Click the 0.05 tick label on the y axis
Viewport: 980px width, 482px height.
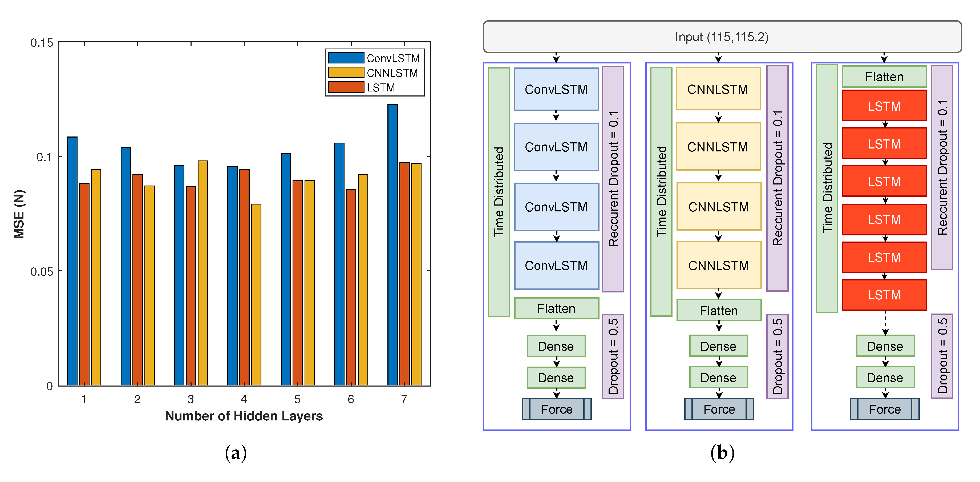point(42,271)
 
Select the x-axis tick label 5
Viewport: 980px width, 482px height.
point(297,399)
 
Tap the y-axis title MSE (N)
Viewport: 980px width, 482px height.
point(19,214)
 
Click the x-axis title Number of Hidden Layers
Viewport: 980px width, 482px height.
point(244,416)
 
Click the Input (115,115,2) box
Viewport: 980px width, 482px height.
point(722,37)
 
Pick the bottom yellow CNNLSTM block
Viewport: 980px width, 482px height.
point(719,265)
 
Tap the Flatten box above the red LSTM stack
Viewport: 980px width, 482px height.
point(884,77)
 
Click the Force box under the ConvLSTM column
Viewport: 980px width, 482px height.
point(557,409)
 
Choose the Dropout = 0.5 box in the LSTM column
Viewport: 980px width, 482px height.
point(942,356)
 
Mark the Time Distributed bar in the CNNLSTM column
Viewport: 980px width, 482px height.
point(661,191)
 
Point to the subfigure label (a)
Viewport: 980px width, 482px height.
point(236,453)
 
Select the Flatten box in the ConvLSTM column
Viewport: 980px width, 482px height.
point(556,308)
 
